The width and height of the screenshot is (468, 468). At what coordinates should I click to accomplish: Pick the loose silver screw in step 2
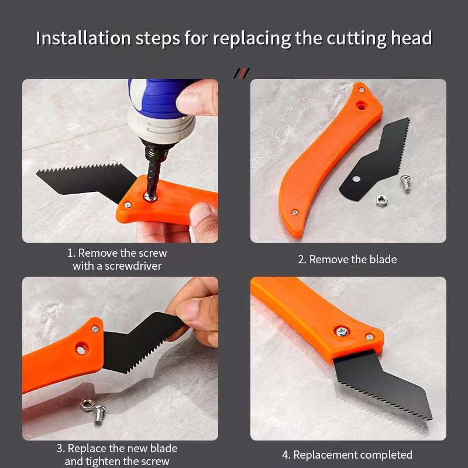(404, 183)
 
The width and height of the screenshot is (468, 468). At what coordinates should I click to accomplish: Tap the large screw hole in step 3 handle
(78, 350)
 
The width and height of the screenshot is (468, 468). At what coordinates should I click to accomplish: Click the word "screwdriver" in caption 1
(133, 266)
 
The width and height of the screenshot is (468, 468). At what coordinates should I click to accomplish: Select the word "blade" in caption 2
(383, 259)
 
